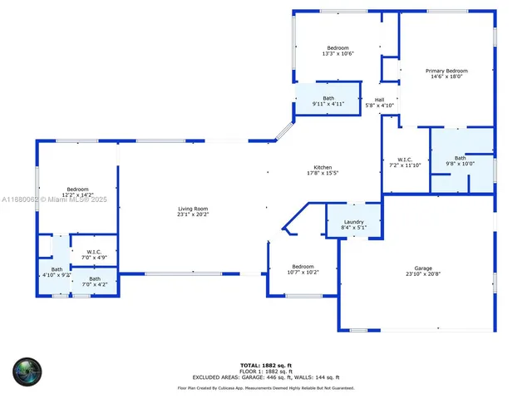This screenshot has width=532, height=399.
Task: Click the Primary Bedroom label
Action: pos(446,71)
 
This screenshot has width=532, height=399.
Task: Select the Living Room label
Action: pos(193,209)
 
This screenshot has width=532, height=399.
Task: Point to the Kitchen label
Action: pos(323,167)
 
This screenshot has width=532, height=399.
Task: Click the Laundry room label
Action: pos(353,222)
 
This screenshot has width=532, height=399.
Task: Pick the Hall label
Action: pos(379,100)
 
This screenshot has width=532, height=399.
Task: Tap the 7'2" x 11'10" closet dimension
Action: pos(405,165)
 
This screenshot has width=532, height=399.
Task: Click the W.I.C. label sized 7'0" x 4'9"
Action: pos(94,252)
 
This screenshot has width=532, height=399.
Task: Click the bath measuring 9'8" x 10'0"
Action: pos(460,158)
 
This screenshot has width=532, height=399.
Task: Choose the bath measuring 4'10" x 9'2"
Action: pos(57,269)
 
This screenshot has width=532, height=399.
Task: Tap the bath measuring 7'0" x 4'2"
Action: pos(95,279)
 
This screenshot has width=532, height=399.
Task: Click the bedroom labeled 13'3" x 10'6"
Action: pos(337,48)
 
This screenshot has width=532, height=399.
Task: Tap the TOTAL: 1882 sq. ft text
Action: pos(266,365)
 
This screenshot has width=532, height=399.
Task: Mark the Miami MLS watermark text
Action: pos(54,199)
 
